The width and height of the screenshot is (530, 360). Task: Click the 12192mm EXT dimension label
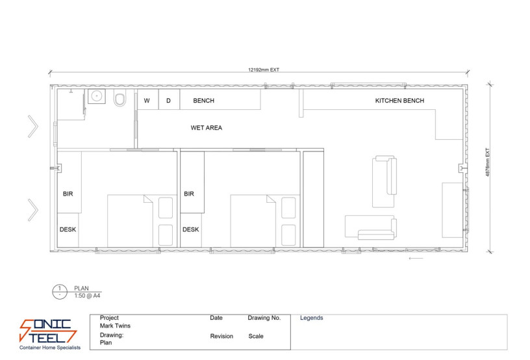point(263,69)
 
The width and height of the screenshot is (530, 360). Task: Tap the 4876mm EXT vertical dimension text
point(488,166)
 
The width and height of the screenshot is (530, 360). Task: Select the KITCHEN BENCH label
point(399,101)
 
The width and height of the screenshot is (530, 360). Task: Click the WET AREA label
point(206,128)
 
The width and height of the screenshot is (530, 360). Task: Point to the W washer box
point(147,101)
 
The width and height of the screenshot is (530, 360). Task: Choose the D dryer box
point(168,101)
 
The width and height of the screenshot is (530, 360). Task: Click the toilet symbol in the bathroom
point(120,100)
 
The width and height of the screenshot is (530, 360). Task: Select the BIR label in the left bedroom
point(68,194)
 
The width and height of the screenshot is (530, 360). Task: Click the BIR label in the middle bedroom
point(189,194)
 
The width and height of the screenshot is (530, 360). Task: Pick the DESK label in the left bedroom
point(68,229)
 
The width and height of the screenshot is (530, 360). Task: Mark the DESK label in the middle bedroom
point(190,229)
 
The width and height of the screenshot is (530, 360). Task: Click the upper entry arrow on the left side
point(32,126)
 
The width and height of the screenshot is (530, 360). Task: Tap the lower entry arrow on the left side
point(32,209)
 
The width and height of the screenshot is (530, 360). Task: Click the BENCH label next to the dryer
point(203,101)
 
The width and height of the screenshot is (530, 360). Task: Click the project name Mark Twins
point(114,326)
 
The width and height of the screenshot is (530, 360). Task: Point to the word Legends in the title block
point(311,318)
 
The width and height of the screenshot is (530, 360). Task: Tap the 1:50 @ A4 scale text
point(87,295)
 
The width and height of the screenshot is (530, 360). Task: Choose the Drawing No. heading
point(264,318)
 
